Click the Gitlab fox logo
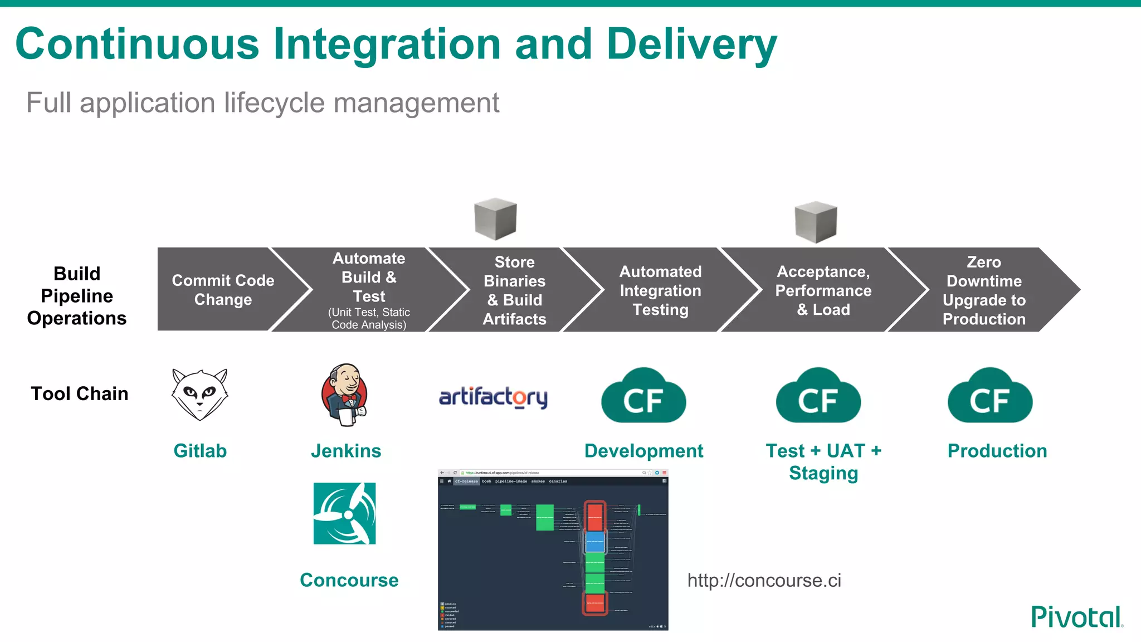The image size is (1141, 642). [x=199, y=394]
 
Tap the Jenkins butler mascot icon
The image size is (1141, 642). [x=345, y=395]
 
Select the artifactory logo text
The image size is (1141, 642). [x=493, y=397]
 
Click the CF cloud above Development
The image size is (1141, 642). [x=643, y=396]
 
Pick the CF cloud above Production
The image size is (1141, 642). [x=990, y=396]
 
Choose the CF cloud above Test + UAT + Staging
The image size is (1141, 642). [x=818, y=396]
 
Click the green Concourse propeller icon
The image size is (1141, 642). [x=344, y=513]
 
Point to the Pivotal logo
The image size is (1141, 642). [x=1076, y=617]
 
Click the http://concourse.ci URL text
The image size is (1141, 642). [x=764, y=580]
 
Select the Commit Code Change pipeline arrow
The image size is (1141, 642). [x=223, y=290]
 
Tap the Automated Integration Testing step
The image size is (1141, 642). [x=660, y=290]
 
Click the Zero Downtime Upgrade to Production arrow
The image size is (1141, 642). [x=983, y=290]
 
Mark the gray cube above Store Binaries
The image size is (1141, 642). [x=495, y=218]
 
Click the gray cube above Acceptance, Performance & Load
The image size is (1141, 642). [x=816, y=222]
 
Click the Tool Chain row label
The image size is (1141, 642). [x=79, y=393]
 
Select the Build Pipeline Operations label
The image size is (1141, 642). [x=77, y=295]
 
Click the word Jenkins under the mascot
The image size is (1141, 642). [x=345, y=450]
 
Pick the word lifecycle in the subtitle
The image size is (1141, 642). [x=275, y=103]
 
